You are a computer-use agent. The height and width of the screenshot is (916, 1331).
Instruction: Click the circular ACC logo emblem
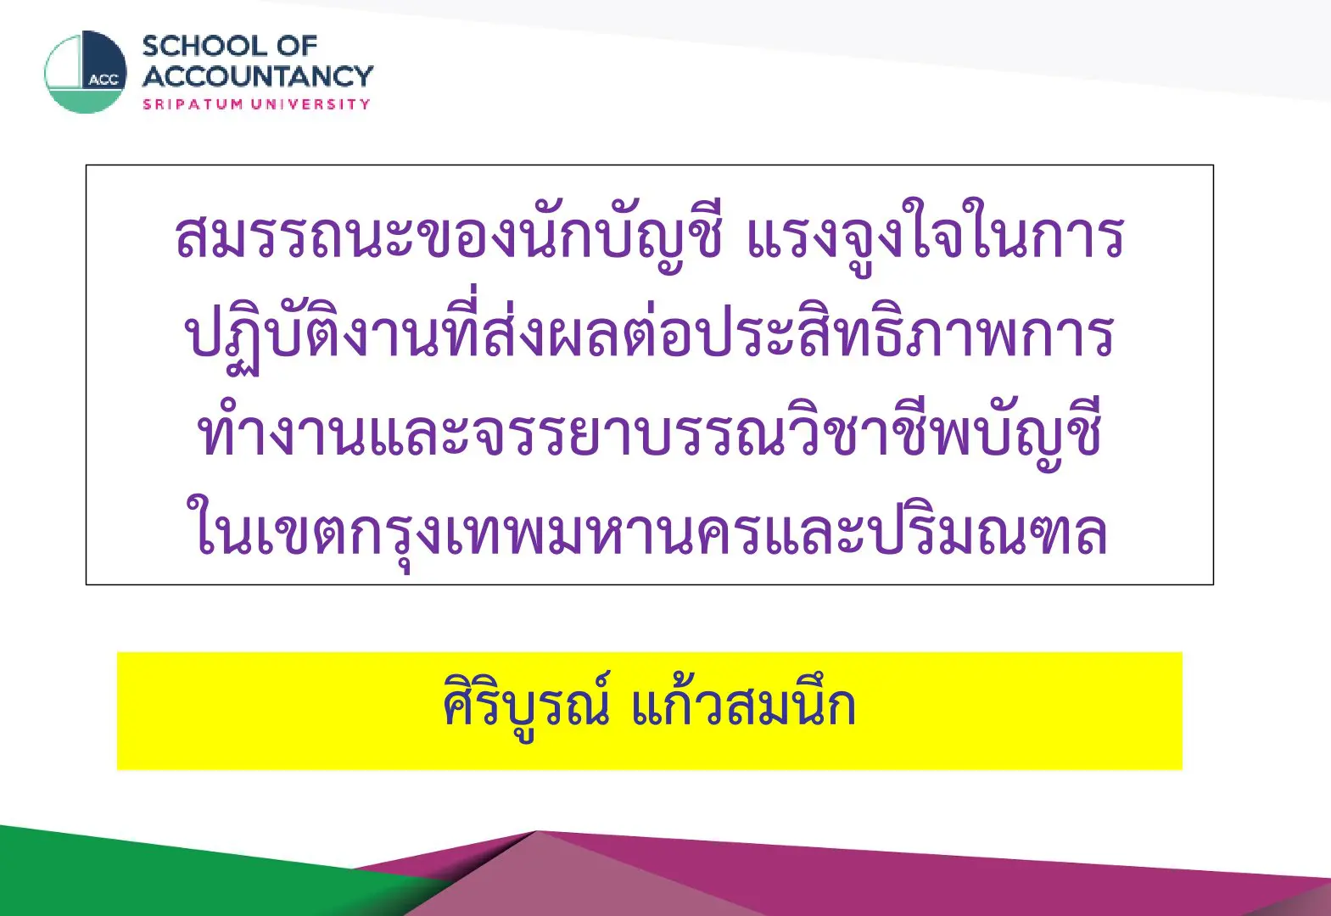86,72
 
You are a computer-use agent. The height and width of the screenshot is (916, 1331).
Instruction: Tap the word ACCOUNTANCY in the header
258,76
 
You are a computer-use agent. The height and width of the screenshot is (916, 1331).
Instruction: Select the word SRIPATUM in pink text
193,104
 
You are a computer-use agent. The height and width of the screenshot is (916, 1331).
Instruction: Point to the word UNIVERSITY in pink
310,104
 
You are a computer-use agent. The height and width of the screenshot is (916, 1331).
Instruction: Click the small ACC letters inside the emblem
103,81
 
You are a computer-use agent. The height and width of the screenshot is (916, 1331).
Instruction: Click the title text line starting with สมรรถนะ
650,237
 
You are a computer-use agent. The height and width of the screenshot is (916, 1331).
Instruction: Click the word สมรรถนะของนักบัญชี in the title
449,237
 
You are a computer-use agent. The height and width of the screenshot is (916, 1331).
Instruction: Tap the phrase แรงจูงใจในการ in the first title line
936,237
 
